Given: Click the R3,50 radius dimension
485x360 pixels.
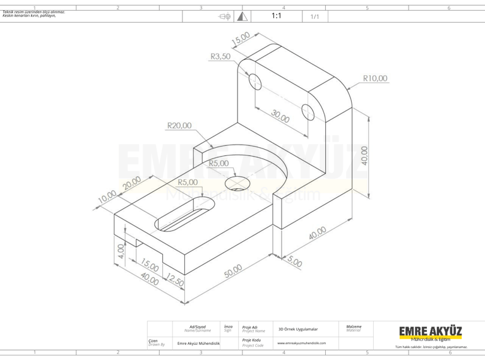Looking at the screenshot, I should (x=220, y=56).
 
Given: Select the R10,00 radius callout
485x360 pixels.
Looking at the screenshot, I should (x=375, y=78).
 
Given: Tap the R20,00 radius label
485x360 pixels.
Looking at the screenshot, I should (x=179, y=125).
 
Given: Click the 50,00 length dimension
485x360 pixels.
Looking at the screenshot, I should (x=233, y=270).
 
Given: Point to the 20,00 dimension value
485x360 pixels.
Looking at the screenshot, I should (x=133, y=184).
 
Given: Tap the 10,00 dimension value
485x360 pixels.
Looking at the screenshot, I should (x=107, y=198).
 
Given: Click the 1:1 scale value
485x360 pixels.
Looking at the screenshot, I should (x=276, y=16).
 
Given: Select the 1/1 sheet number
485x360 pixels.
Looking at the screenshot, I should (x=314, y=16).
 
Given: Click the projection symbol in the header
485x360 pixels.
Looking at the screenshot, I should (x=224, y=16).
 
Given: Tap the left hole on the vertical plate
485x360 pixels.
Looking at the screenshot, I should (x=254, y=81).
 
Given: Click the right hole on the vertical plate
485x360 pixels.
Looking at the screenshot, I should (x=309, y=112).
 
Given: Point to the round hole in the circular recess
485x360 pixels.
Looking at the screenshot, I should (x=237, y=183).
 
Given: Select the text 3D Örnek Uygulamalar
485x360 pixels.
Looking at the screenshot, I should (x=298, y=329).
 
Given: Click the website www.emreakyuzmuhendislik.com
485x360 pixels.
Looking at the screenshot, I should (x=302, y=343).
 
